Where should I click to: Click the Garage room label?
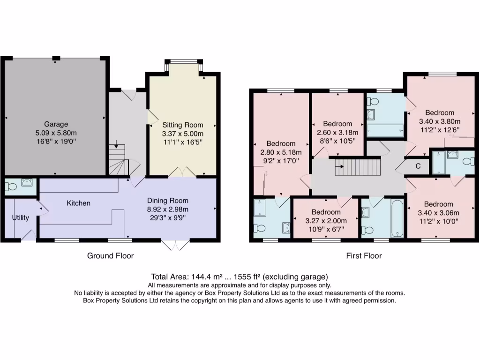[56, 124]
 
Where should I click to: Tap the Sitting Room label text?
[183, 125]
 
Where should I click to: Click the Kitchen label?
[78, 203]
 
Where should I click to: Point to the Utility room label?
[20, 217]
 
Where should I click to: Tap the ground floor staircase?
[119, 159]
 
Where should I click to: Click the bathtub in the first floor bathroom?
[397, 219]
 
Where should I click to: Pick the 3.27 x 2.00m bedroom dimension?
[326, 221]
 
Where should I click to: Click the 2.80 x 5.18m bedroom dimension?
[281, 152]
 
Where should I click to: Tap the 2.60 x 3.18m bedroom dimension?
[337, 132]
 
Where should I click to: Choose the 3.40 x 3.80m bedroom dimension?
[440, 121]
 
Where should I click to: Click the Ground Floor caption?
[110, 255]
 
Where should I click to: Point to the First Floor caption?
[364, 255]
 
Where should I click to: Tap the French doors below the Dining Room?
[176, 244]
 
